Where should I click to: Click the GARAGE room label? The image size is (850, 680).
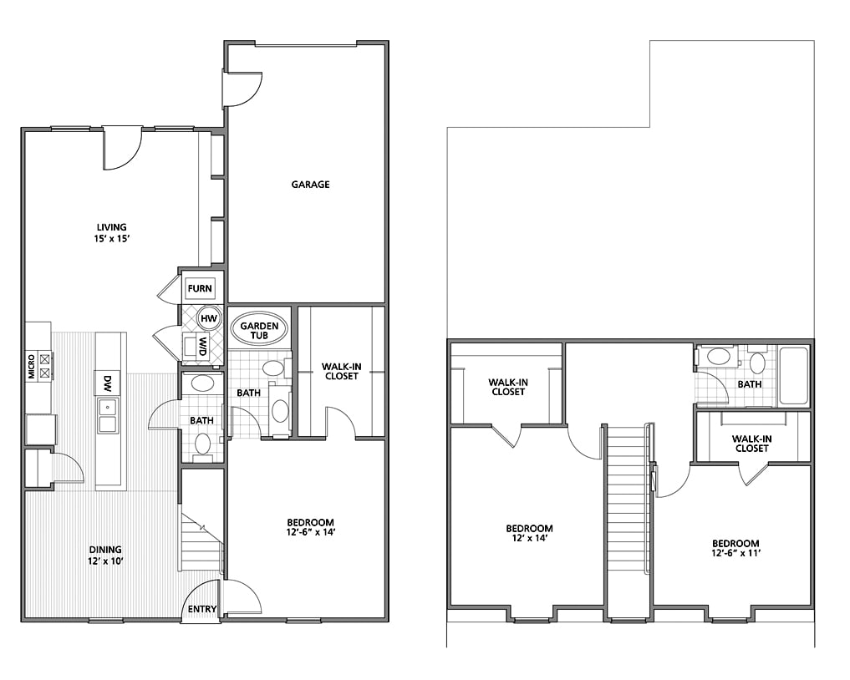tap(310, 185)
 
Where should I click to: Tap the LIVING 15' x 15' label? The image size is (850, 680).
tap(111, 232)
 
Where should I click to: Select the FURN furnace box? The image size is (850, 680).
tap(200, 289)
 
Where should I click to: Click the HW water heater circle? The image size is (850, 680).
tap(208, 318)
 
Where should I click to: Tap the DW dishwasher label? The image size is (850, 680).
tap(108, 383)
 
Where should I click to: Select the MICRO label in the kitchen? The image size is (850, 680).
tap(32, 366)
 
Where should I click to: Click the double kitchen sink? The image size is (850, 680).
tap(107, 415)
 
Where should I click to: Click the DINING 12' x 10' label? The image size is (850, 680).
tap(105, 555)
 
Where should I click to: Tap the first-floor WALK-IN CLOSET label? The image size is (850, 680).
tap(340, 370)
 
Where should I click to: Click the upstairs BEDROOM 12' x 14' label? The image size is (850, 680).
tap(529, 533)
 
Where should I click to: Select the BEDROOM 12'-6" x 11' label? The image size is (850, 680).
tap(735, 548)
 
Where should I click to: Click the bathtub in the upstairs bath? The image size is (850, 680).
tap(793, 376)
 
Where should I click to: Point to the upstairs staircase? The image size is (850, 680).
tap(627, 501)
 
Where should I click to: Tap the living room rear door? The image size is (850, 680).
tap(123, 148)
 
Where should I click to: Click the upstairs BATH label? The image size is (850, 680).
tap(749, 385)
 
